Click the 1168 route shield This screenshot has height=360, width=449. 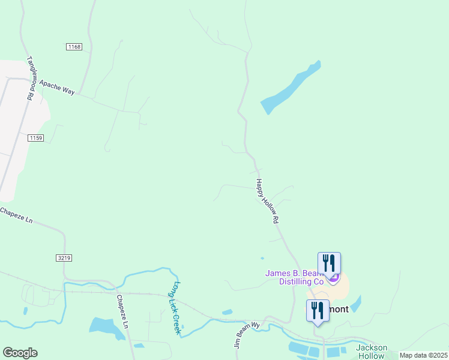(x=74, y=47)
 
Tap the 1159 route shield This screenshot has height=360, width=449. (x=36, y=138)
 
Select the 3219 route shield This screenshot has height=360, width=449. (x=64, y=258)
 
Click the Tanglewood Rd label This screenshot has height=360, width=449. (x=30, y=78)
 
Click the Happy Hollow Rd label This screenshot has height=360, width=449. (x=268, y=201)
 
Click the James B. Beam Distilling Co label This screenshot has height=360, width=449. (x=295, y=277)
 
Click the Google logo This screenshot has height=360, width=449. (x=20, y=353)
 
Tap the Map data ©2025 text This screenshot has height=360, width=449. (x=424, y=355)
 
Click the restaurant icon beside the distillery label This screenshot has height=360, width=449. (x=328, y=263)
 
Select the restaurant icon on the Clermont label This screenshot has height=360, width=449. (x=318, y=310)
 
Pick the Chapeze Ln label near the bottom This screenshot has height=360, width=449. (x=122, y=311)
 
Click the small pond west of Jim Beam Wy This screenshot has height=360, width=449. (x=227, y=312)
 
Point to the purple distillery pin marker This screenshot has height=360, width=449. (x=334, y=278)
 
